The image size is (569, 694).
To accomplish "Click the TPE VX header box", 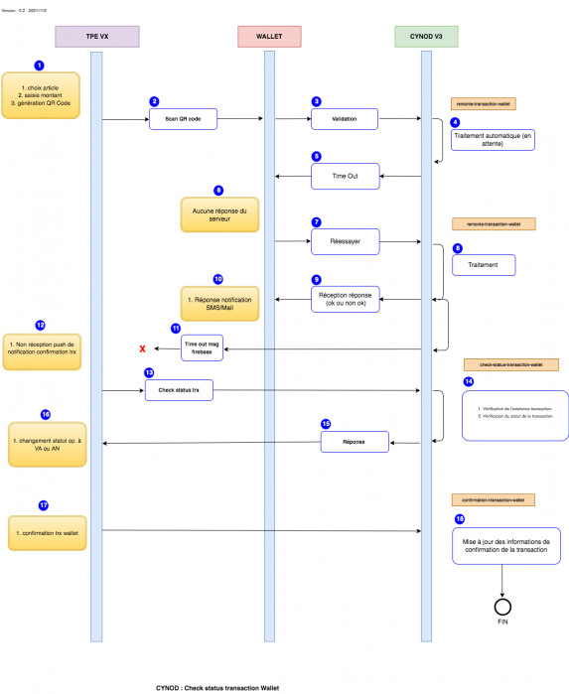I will pos(96,37).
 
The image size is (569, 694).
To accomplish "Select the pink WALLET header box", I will pos(268,37).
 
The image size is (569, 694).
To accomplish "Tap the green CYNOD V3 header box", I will pos(427,37).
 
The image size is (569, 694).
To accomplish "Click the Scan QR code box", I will pos(183,120).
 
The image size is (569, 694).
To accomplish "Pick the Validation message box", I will pos(345,120).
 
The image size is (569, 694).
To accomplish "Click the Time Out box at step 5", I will pos(345,176).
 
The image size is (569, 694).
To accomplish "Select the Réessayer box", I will pos(345,240).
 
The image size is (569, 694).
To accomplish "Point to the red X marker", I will pos(143,348).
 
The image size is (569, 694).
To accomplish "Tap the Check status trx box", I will pos(178,391).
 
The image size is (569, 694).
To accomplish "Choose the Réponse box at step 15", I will pos(354,442).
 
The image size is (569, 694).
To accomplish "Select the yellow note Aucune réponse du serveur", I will pos(217,212).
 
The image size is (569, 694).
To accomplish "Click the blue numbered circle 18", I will pos(458,517).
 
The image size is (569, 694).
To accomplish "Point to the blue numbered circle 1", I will pos(39,65).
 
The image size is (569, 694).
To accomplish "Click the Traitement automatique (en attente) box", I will pos(493,139).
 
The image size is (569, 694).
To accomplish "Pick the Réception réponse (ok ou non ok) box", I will pos(345,299).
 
